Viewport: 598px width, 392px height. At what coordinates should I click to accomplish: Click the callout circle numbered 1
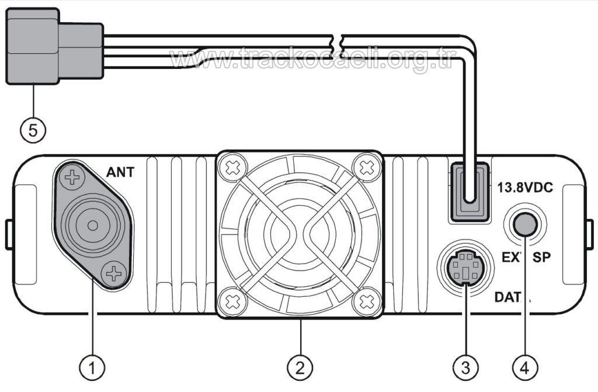92,367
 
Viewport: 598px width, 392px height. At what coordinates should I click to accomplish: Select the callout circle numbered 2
300,367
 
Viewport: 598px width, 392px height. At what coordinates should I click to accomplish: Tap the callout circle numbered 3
465,367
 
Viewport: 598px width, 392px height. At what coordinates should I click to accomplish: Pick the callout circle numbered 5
33,130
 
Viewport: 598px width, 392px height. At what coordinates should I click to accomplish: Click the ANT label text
120,172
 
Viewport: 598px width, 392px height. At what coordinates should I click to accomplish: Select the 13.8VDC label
524,188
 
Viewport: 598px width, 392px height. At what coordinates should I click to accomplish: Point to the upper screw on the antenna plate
72,177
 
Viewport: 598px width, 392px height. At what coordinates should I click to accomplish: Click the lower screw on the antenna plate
113,273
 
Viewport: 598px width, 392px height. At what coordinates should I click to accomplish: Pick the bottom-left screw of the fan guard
232,302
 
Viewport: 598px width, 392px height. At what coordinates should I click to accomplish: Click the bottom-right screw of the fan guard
367,301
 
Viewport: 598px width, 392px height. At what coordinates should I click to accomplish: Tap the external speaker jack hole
524,223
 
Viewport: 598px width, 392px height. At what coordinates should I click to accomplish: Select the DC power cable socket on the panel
467,192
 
